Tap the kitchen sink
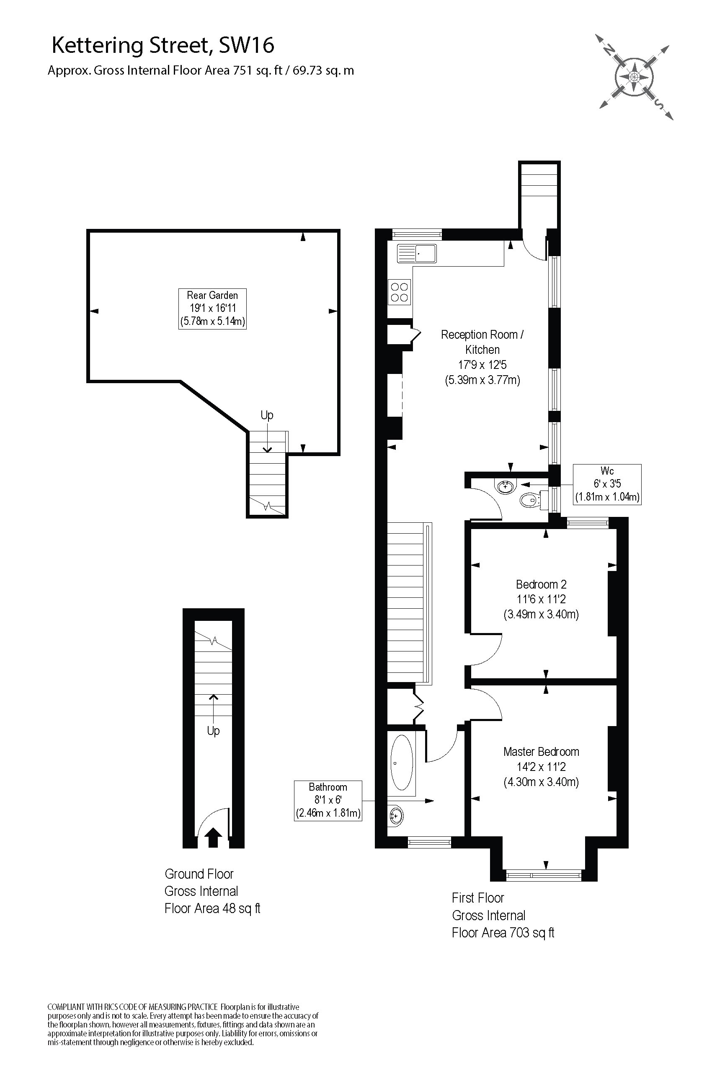pyautogui.click(x=416, y=253)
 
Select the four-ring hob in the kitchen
pyautogui.click(x=399, y=292)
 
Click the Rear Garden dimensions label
pyautogui.click(x=212, y=309)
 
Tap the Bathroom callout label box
pyautogui.click(x=328, y=800)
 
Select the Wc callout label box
pyautogui.click(x=607, y=484)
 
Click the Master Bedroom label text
pyautogui.click(x=541, y=752)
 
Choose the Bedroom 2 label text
pyautogui.click(x=541, y=584)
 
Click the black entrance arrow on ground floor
pyautogui.click(x=214, y=838)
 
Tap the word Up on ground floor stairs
pyautogui.click(x=213, y=730)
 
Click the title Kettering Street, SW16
pyautogui.click(x=163, y=45)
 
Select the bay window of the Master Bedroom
pyautogui.click(x=544, y=874)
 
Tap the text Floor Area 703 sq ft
pyautogui.click(x=503, y=933)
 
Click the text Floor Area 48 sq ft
pyautogui.click(x=212, y=908)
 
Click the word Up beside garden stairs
pyautogui.click(x=266, y=415)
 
